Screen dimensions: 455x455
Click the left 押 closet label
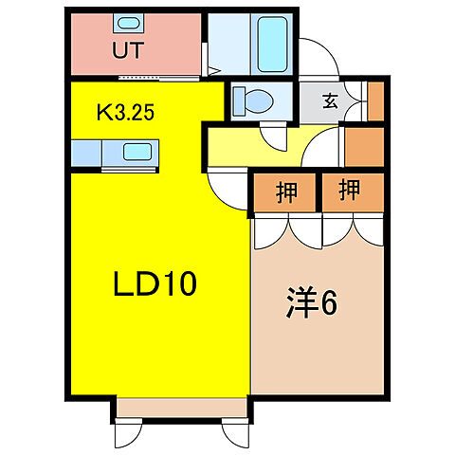(284, 191)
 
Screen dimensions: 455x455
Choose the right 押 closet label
(351, 191)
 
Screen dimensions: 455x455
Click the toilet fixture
(251, 99)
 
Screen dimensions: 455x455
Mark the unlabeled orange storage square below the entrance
(363, 146)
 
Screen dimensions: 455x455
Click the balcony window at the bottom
(179, 409)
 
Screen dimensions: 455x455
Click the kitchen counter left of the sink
(91, 152)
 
